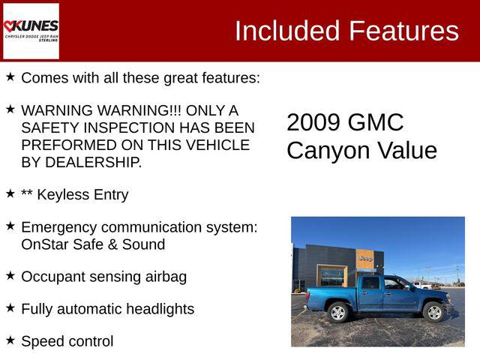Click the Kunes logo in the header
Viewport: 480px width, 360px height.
(31, 30)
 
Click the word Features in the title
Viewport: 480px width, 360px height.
(403, 31)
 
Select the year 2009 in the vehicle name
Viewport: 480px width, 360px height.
(313, 122)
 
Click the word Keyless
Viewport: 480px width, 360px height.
(64, 195)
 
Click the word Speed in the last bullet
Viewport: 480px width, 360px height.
(42, 341)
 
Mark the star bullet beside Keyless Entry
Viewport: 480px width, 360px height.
(10, 193)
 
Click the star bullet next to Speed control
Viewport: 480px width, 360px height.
(10, 340)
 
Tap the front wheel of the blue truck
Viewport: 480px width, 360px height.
(434, 311)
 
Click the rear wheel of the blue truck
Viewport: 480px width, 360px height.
(339, 312)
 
